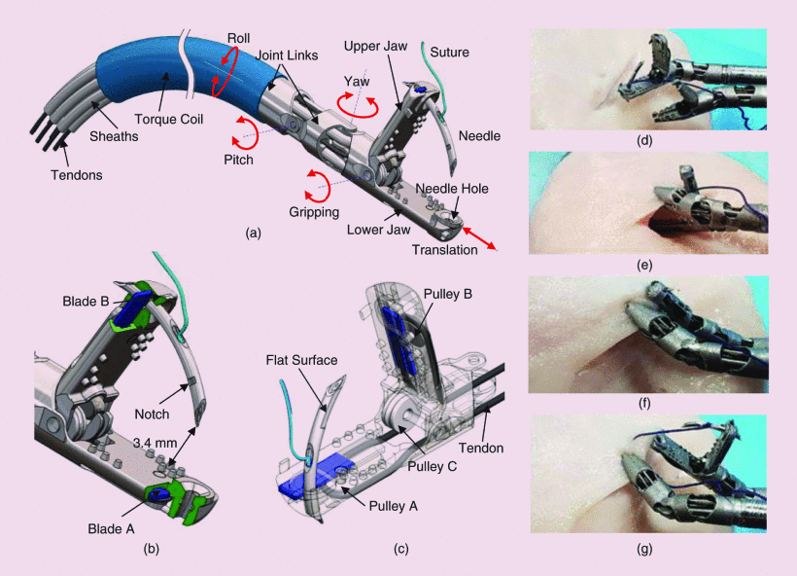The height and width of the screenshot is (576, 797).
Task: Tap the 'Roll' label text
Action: click(x=238, y=39)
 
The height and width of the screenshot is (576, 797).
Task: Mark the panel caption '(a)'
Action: click(x=254, y=233)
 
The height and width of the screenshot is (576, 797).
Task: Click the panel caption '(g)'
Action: click(x=645, y=549)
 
